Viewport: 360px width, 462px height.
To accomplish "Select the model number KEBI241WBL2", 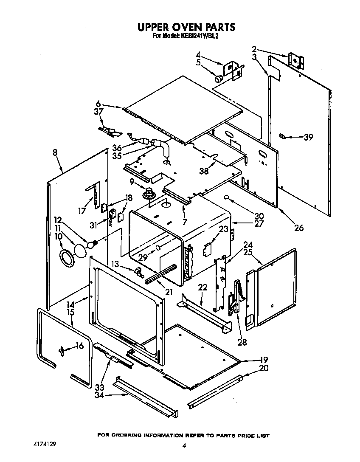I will click(x=200, y=37).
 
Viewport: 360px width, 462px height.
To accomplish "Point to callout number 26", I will click(x=299, y=228).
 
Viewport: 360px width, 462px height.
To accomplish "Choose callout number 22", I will click(x=202, y=287).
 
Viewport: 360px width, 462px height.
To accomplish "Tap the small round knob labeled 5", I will click(x=219, y=78).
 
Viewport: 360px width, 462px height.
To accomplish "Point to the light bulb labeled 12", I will click(x=91, y=245).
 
